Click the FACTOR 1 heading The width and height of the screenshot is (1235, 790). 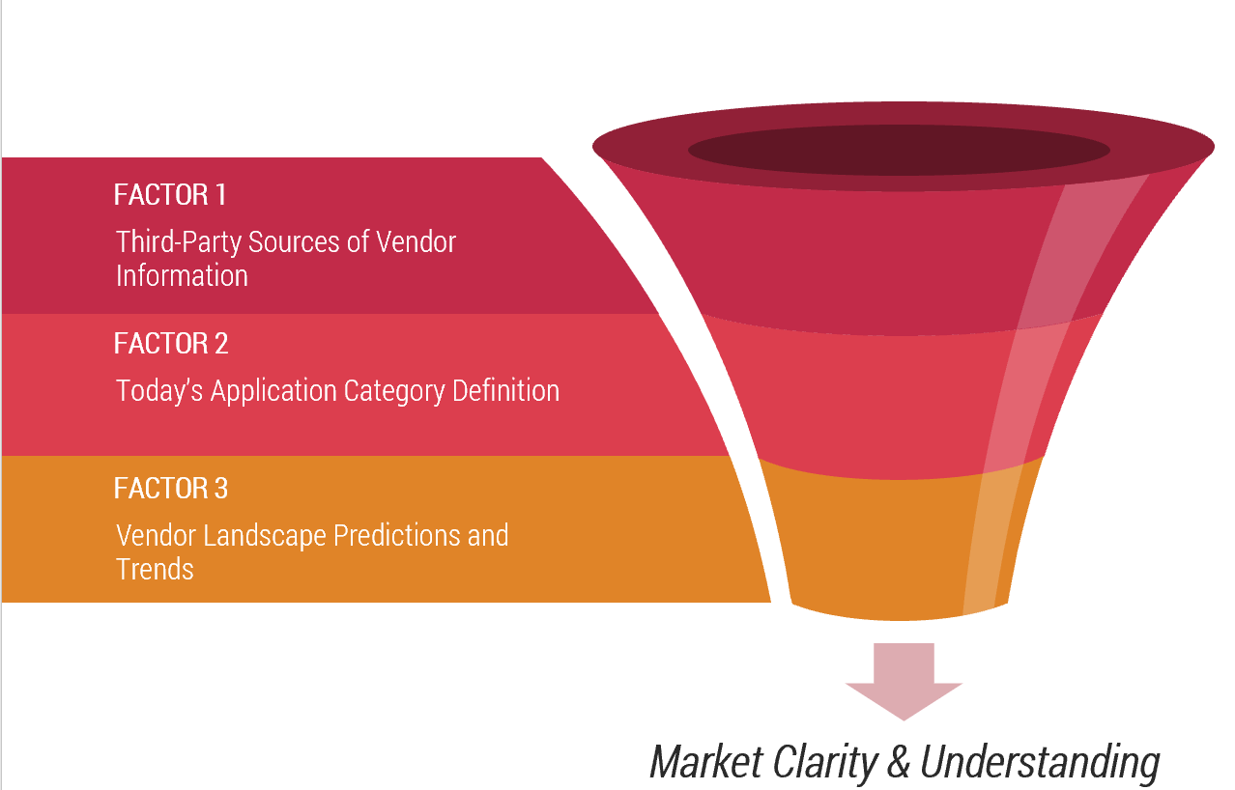pyautogui.click(x=170, y=194)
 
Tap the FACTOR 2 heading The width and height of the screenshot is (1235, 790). pyautogui.click(x=171, y=343)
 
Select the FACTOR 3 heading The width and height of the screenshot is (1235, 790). pyautogui.click(x=171, y=488)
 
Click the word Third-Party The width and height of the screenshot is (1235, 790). pyautogui.click(x=179, y=242)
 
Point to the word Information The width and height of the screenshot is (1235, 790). pyautogui.click(x=182, y=275)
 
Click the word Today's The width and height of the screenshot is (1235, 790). pyautogui.click(x=159, y=392)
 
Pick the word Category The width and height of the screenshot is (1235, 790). pyautogui.click(x=394, y=392)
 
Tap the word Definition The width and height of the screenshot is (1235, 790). pyautogui.click(x=506, y=390)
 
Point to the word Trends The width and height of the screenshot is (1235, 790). pyautogui.click(x=155, y=569)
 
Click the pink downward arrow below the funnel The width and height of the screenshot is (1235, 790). pyautogui.click(x=904, y=682)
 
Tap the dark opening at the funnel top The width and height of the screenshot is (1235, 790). pyautogui.click(x=899, y=150)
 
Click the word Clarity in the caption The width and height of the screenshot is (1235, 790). pyautogui.click(x=825, y=764)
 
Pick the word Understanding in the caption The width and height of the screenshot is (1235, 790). pyautogui.click(x=1040, y=764)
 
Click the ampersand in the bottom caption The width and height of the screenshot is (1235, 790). pyautogui.click(x=899, y=762)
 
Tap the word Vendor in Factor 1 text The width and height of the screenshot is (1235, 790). pyautogui.click(x=416, y=241)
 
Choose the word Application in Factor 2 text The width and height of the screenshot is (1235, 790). pyautogui.click(x=273, y=392)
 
